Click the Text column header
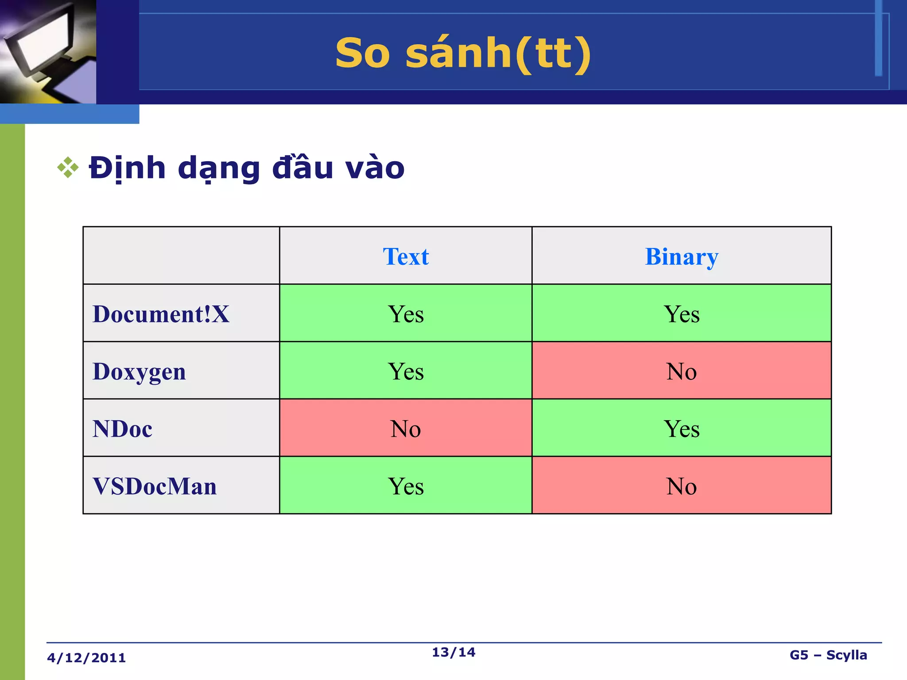[x=406, y=256]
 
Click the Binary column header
[x=682, y=256]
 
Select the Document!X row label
[x=161, y=314]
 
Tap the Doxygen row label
[x=139, y=371]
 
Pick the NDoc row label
[x=122, y=429]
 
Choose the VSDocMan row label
[x=155, y=486]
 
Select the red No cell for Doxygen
[x=682, y=371]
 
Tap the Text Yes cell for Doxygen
[x=406, y=371]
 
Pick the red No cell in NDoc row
[x=406, y=428]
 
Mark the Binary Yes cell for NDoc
[x=682, y=428]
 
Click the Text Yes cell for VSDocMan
[x=406, y=486]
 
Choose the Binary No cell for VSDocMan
[x=682, y=486]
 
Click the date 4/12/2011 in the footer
[x=86, y=658]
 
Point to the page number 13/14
[x=453, y=652]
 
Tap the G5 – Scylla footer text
[x=828, y=655]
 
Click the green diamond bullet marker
[x=68, y=168]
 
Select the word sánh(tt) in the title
[x=498, y=53]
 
